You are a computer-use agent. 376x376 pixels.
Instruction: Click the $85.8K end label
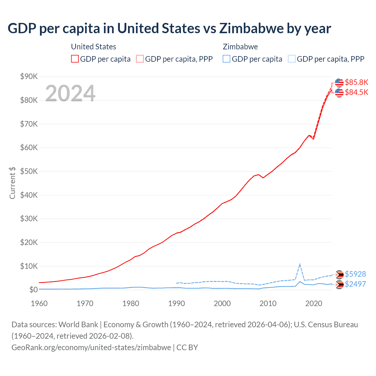356,82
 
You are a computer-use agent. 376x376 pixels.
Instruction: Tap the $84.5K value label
356,92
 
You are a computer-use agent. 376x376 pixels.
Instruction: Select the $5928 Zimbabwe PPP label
355,274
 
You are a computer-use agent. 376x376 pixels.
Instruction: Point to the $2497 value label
355,284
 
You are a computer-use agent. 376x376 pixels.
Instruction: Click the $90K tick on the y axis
29,77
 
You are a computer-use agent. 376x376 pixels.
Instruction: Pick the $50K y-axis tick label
29,172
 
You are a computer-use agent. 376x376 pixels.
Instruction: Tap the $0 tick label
33,290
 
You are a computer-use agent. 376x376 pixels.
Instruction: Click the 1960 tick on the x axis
39,303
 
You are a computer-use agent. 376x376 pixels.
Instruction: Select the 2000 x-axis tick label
222,303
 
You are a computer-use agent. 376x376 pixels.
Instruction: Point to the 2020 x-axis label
314,303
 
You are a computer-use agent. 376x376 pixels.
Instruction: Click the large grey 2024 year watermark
70,93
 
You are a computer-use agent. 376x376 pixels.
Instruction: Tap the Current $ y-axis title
12,183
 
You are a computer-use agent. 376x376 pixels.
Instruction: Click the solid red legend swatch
75,59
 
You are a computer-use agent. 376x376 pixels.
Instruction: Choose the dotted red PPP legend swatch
140,59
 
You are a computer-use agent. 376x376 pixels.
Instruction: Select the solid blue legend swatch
226,59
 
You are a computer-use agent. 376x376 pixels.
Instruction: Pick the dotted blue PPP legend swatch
292,59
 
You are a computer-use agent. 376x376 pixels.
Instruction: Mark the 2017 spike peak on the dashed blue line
300,264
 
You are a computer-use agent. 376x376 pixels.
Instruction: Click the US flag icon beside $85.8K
339,83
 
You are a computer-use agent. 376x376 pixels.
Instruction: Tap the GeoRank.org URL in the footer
91,348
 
